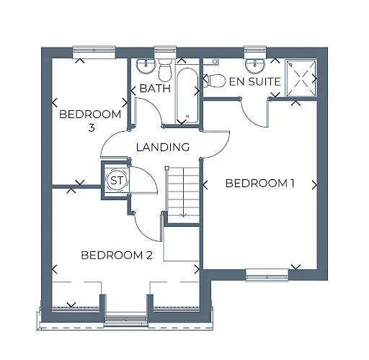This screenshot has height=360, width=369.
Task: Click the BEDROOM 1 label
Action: point(259,184)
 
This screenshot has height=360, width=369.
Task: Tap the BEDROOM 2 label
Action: point(117,255)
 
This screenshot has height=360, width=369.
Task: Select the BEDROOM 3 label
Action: point(90,121)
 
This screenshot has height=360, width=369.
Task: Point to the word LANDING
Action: point(163,147)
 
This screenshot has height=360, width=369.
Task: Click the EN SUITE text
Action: point(255,81)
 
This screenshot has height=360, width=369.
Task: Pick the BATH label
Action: point(155,89)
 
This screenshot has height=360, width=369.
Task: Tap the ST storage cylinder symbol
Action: point(117,180)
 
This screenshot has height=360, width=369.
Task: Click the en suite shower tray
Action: point(301,78)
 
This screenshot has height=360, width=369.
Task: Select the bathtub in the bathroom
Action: point(187,94)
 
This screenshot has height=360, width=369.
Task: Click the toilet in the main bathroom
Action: point(165,71)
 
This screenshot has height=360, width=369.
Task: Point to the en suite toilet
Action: point(214,81)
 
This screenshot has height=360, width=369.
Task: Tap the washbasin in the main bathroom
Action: point(146,66)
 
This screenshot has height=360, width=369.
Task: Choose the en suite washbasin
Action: point(255,66)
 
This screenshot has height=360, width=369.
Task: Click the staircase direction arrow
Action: point(184,192)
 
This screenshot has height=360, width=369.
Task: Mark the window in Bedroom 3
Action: point(94,53)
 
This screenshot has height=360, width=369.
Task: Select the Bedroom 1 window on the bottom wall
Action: point(267,275)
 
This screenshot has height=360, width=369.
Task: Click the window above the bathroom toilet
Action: point(165,52)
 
